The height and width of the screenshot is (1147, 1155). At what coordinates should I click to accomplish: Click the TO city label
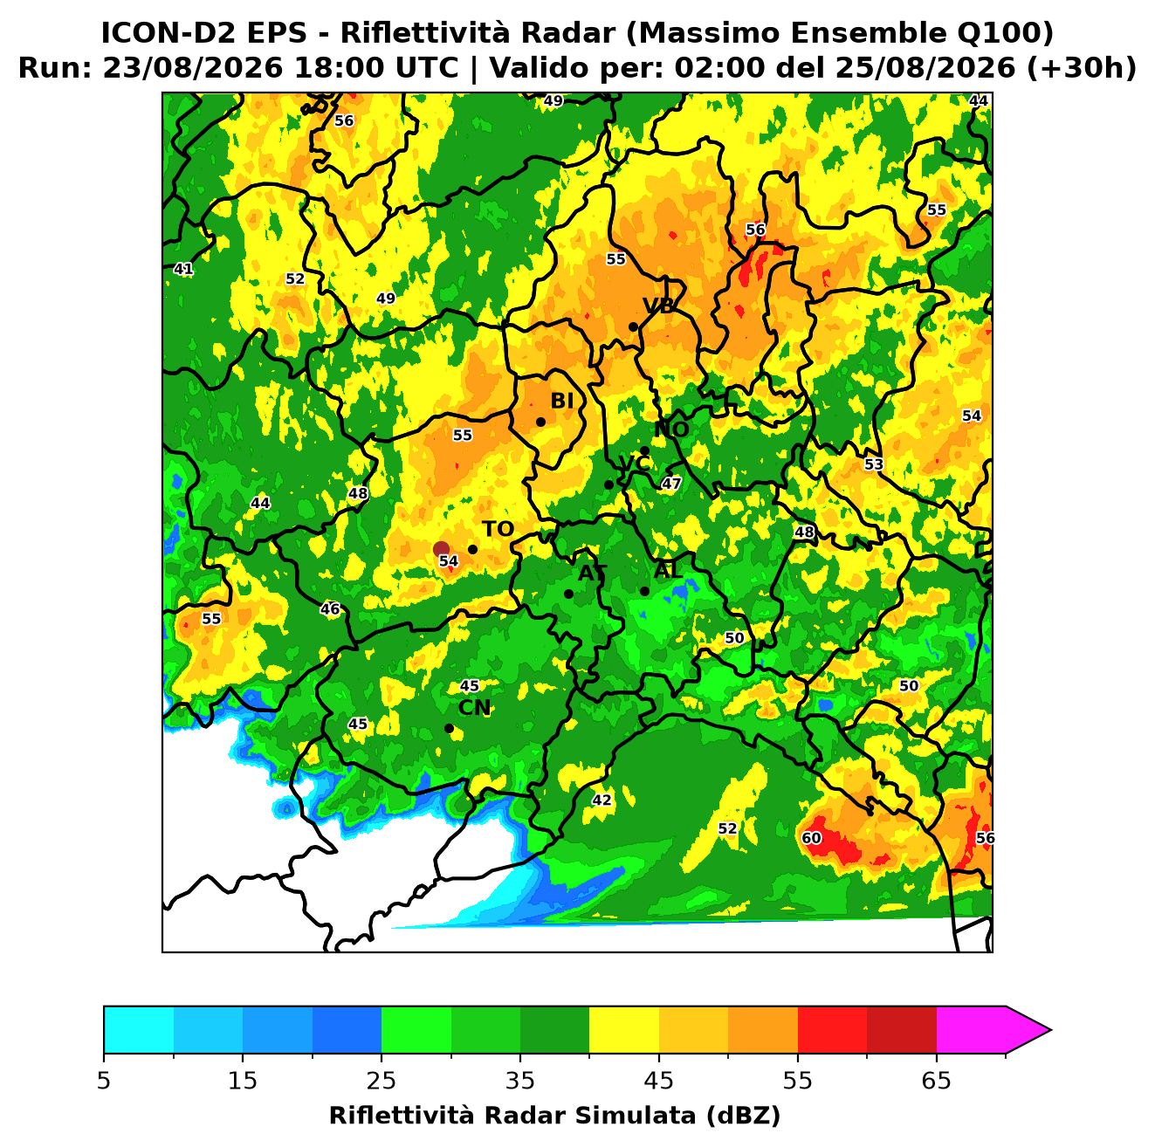click(x=498, y=529)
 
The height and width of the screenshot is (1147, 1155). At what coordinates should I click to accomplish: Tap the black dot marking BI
click(x=540, y=422)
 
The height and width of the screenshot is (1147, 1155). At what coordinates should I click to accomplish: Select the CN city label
click(x=474, y=708)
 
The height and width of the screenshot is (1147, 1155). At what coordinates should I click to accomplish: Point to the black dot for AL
click(x=644, y=591)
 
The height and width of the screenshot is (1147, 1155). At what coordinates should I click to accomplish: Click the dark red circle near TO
click(x=441, y=548)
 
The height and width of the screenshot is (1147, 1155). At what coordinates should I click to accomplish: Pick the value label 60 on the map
click(x=811, y=838)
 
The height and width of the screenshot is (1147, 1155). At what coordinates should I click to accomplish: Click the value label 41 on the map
click(x=183, y=269)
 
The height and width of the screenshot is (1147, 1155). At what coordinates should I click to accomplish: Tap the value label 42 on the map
click(x=602, y=800)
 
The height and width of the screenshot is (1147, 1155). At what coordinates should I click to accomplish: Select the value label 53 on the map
click(x=873, y=464)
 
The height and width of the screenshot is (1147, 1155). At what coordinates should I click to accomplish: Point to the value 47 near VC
click(x=670, y=484)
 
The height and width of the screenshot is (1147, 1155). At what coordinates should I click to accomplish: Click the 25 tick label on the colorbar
click(x=382, y=1081)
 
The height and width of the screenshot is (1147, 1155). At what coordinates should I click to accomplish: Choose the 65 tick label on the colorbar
click(x=936, y=1081)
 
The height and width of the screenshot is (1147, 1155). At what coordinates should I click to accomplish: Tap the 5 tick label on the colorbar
click(x=104, y=1081)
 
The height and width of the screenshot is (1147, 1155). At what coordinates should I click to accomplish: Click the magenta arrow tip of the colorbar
click(x=1050, y=1030)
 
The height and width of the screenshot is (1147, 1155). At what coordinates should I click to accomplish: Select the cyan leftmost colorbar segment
click(x=139, y=1030)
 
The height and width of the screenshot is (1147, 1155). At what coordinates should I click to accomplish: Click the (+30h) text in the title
click(x=1082, y=68)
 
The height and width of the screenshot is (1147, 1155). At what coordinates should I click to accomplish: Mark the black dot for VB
click(x=633, y=326)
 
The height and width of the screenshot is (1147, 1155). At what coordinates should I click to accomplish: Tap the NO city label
click(x=671, y=429)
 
